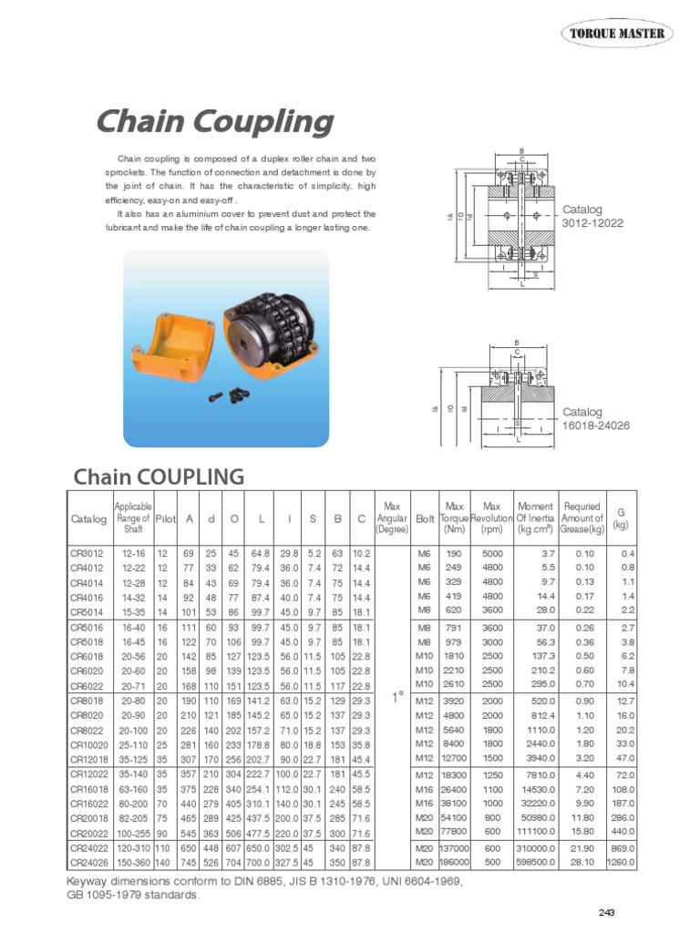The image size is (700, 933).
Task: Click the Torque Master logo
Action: (x=617, y=35)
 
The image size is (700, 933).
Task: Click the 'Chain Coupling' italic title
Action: (x=215, y=121)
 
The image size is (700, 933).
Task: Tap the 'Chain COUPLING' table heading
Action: (x=159, y=477)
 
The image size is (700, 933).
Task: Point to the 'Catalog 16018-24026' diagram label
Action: (x=594, y=419)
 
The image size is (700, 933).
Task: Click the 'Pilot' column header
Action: (x=165, y=518)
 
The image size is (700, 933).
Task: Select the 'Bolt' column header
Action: (x=425, y=518)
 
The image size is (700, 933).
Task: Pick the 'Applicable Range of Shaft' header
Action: (x=132, y=518)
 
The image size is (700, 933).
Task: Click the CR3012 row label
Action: (x=87, y=553)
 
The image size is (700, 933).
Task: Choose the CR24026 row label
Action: (x=87, y=861)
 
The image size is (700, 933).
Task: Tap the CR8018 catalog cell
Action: (x=87, y=701)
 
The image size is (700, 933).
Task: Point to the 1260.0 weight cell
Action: (x=620, y=861)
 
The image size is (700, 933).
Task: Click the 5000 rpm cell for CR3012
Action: (x=492, y=553)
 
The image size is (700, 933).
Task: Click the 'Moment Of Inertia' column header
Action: (x=535, y=518)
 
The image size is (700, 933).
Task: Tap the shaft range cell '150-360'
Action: (x=132, y=861)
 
